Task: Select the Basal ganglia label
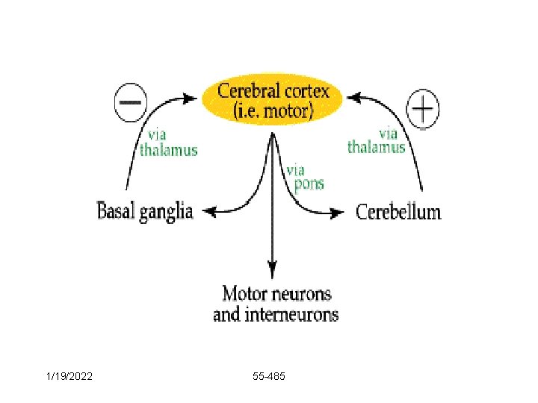click(145, 211)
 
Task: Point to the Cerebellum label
click(398, 212)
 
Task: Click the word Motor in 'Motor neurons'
click(246, 293)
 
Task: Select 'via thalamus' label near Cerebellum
click(377, 141)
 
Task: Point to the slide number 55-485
click(269, 378)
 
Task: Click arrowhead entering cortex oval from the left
click(196, 97)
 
